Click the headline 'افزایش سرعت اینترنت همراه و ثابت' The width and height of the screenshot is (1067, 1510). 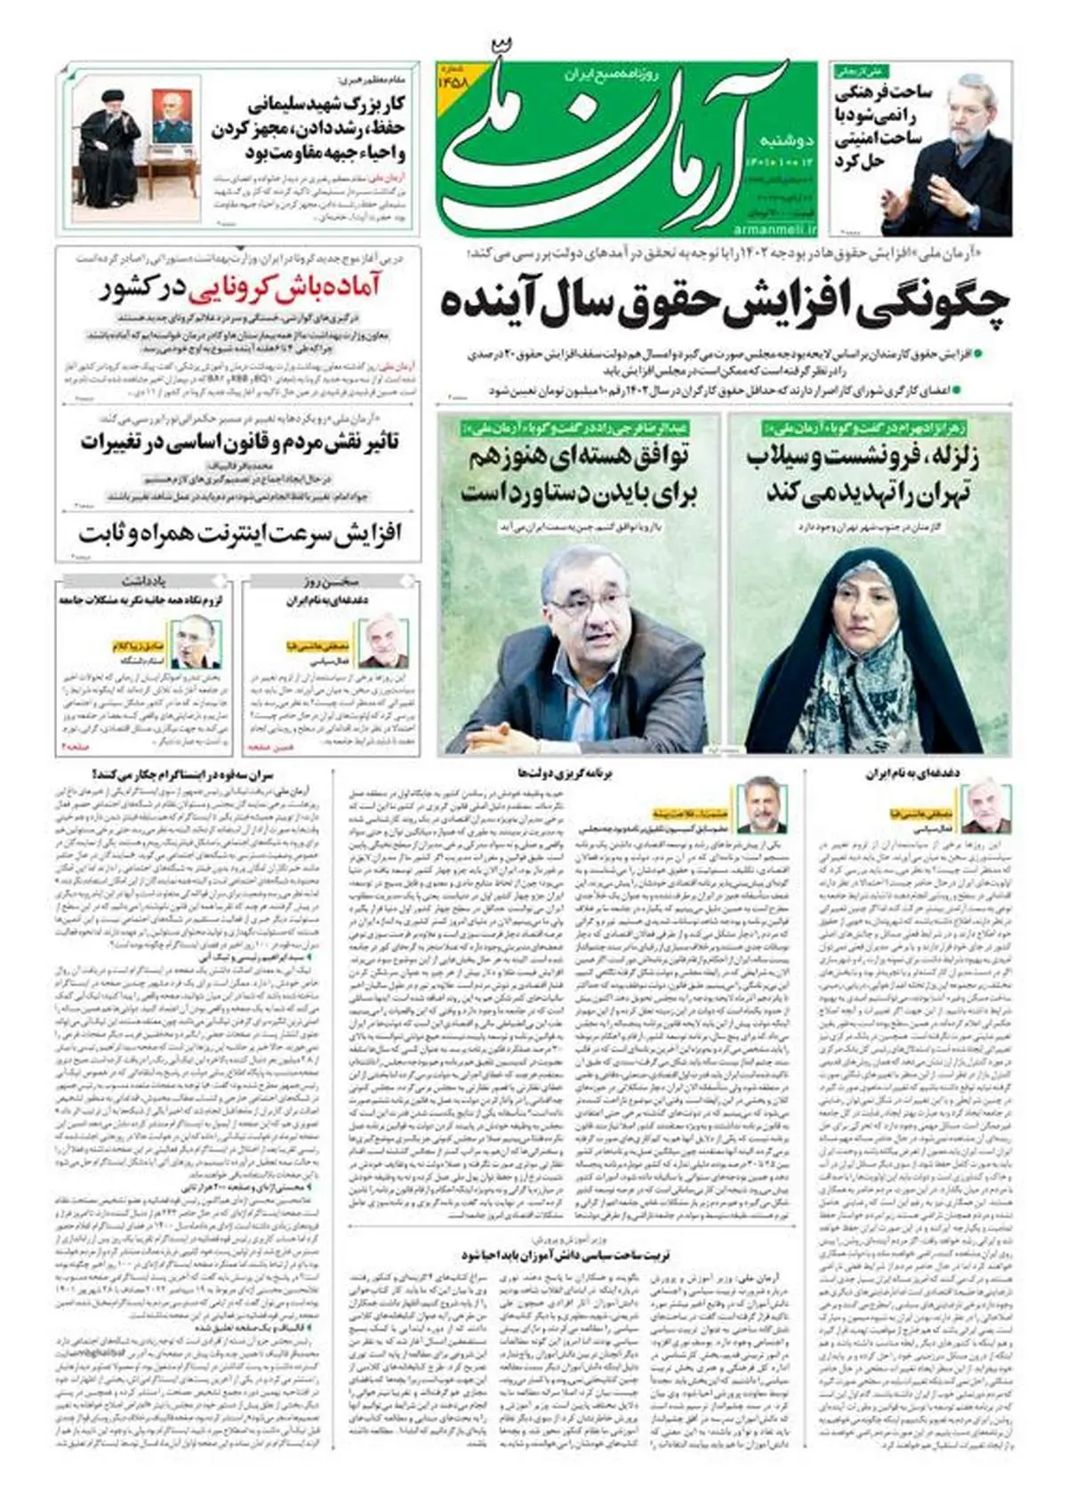(x=240, y=534)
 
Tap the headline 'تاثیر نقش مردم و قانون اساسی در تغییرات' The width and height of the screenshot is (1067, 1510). (x=240, y=441)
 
